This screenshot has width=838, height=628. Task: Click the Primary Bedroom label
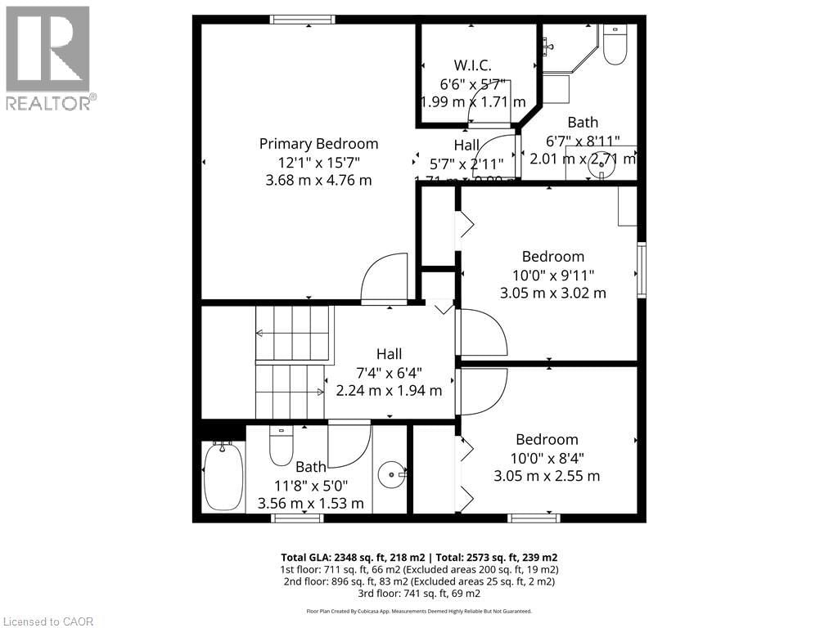click(318, 144)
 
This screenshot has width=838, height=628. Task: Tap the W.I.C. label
click(472, 65)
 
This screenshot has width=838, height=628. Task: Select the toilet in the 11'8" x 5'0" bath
click(281, 446)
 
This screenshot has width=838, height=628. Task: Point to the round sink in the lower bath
click(393, 473)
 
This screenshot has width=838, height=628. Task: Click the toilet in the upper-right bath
click(615, 45)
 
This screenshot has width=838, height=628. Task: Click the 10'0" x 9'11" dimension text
click(553, 275)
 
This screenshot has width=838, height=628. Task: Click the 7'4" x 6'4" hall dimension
click(389, 372)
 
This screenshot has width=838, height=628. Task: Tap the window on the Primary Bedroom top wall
click(303, 20)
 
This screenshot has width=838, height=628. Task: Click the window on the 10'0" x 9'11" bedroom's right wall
click(642, 269)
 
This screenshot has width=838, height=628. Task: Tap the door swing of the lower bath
click(349, 444)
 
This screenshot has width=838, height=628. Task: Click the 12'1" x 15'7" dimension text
click(318, 162)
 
